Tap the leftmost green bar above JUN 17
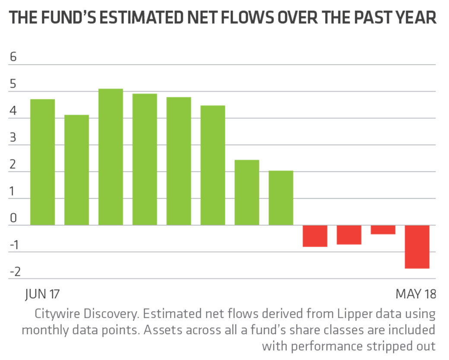[x=42, y=162]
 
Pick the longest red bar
[x=417, y=246]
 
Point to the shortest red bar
[x=383, y=230]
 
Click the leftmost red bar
[x=315, y=236]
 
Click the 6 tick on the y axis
[x=13, y=57]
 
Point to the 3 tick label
[x=13, y=138]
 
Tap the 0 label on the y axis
[x=13, y=218]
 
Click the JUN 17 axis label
[x=42, y=294]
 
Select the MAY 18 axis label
[x=416, y=294]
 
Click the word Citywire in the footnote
[x=56, y=314]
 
